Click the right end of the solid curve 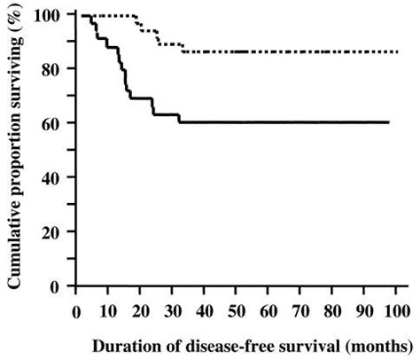(x=388, y=122)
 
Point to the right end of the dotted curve (x=398, y=52)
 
